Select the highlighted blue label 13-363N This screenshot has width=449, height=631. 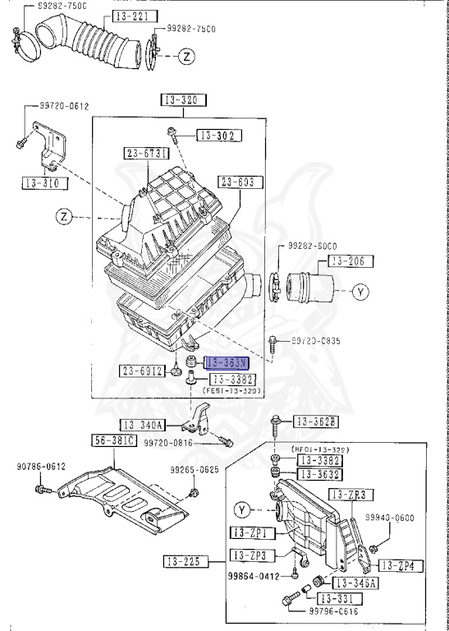(x=227, y=362)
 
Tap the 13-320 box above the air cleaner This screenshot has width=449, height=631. (x=183, y=100)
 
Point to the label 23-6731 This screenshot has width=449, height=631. (x=147, y=154)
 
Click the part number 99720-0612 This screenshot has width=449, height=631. (x=66, y=106)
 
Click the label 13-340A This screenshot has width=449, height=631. (x=144, y=425)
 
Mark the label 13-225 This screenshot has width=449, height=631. (x=184, y=562)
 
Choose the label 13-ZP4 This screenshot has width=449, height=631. (x=400, y=566)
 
